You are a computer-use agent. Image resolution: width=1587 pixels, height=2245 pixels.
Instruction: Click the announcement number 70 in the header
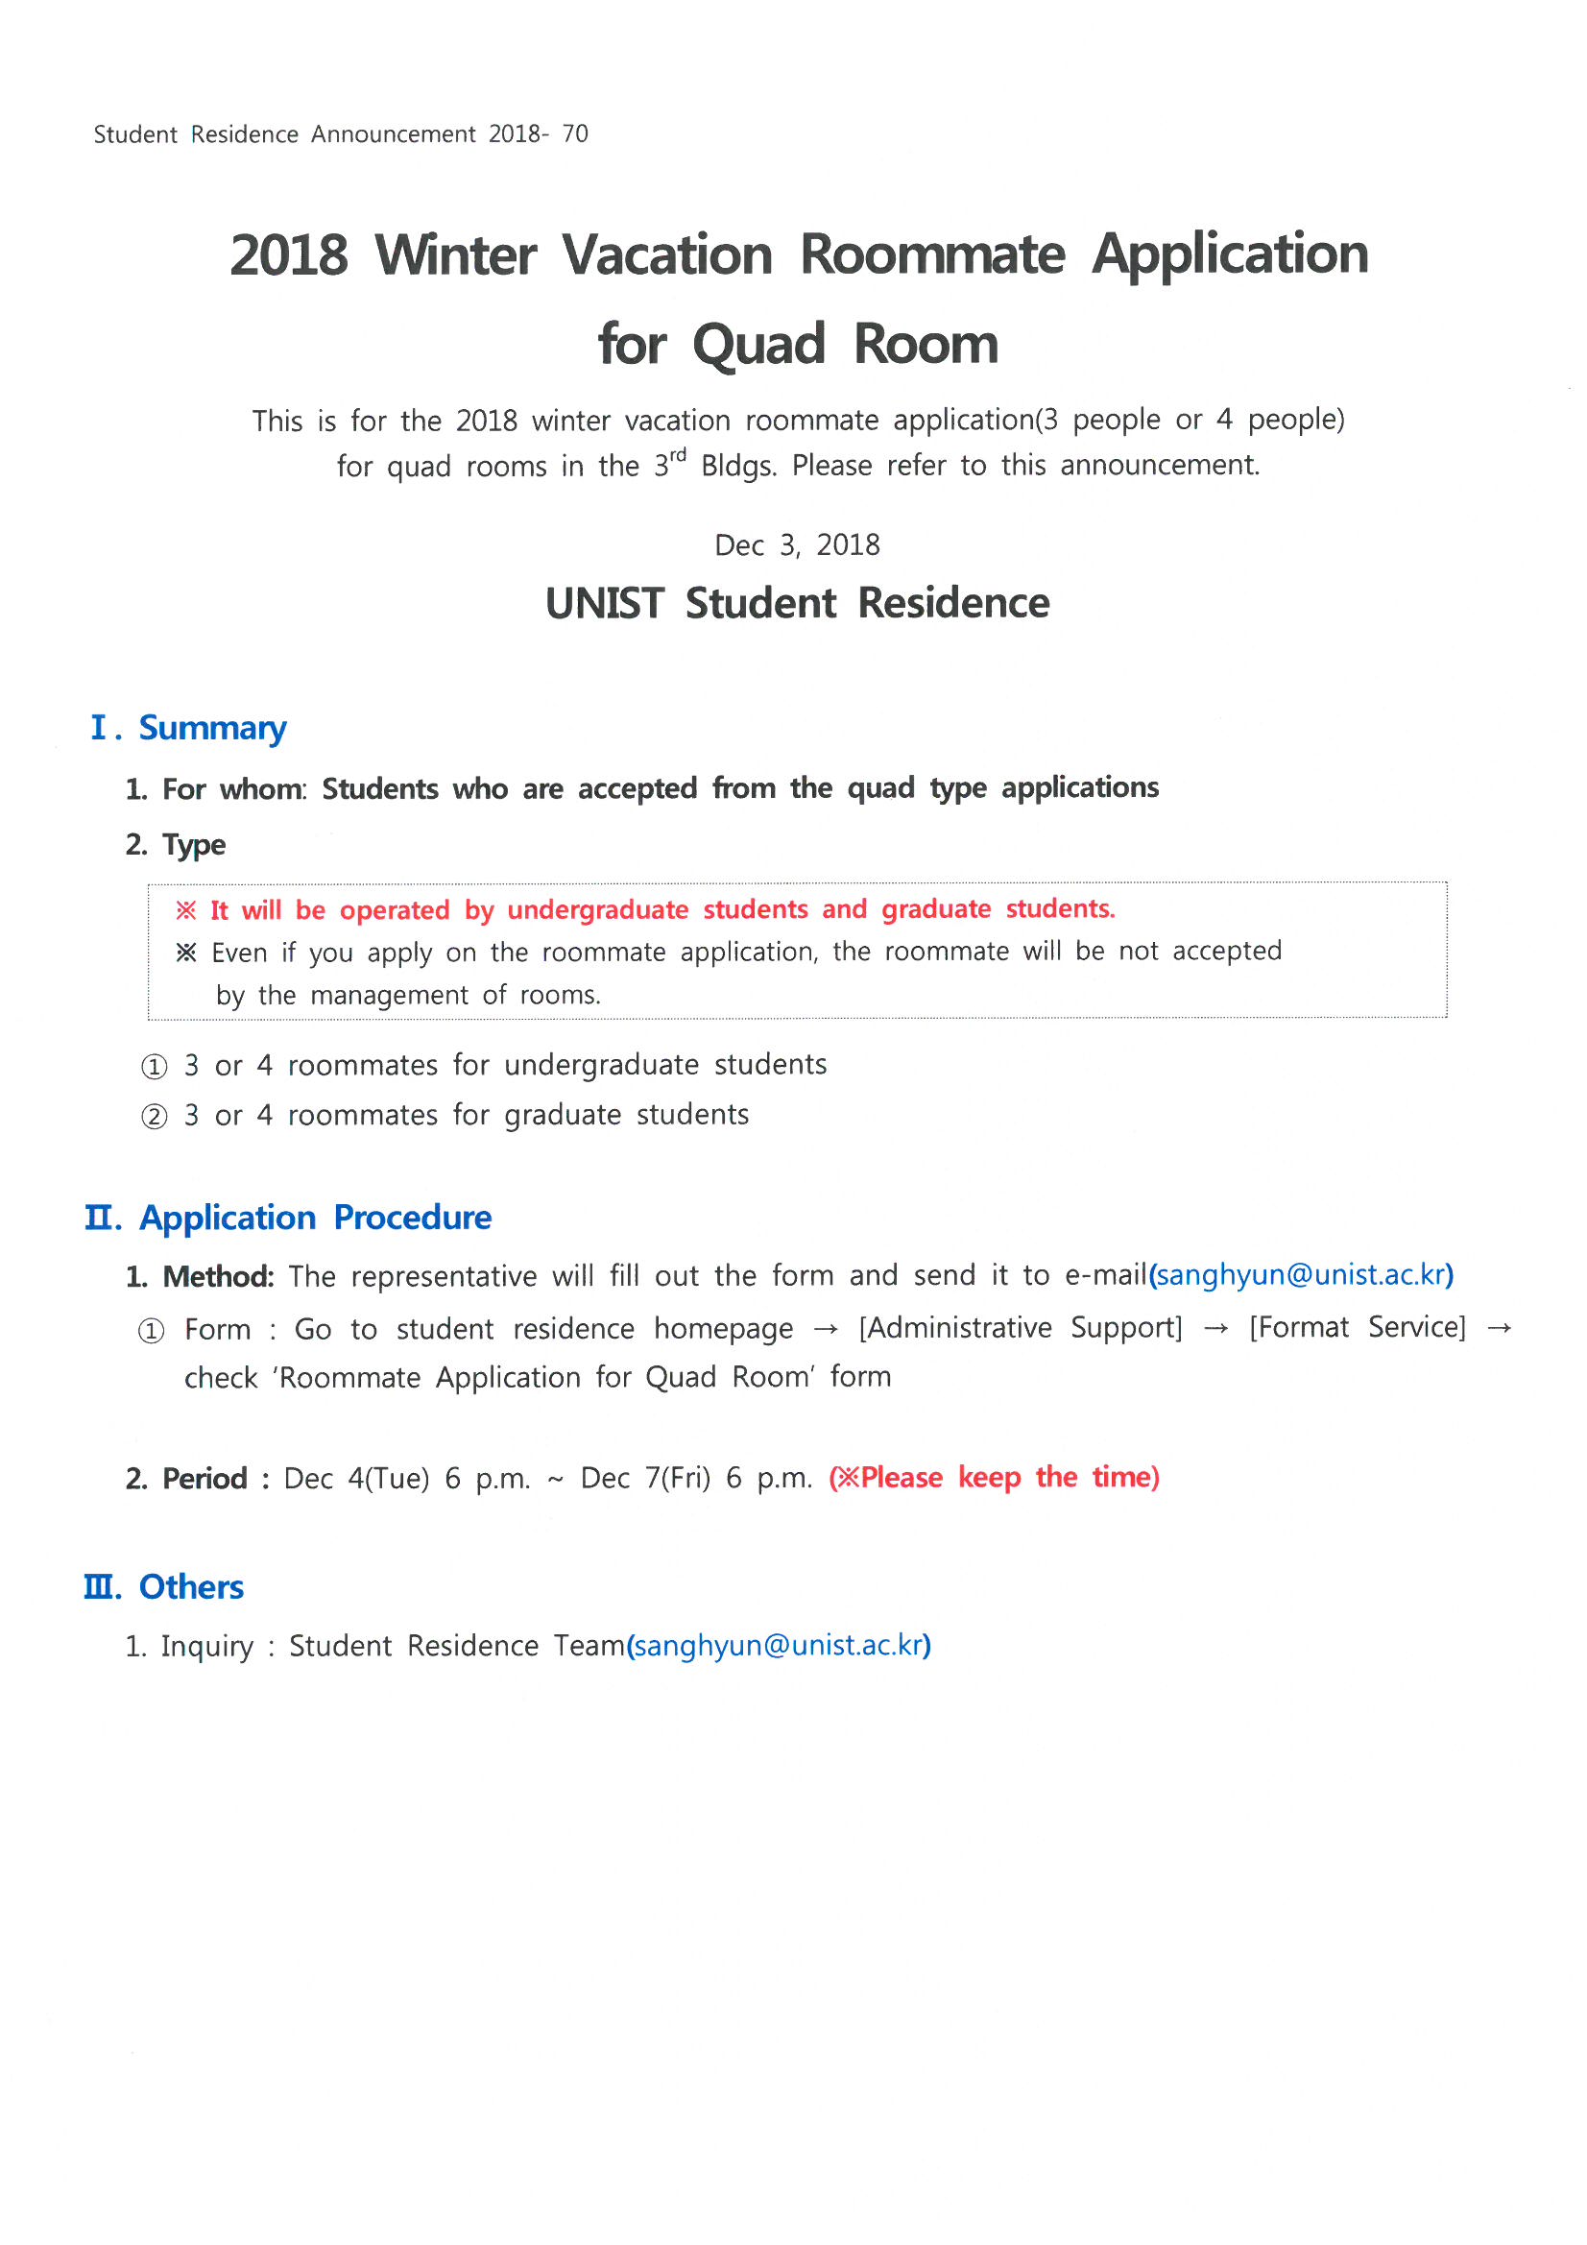[x=575, y=134]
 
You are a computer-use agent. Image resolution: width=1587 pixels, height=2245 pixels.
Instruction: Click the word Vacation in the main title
[x=667, y=255]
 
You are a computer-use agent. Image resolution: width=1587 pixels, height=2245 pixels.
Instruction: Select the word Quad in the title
[x=758, y=345]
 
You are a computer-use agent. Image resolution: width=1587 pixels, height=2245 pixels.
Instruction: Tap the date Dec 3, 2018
[x=797, y=545]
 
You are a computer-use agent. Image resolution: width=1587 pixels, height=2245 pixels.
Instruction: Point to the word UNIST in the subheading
[x=604, y=603]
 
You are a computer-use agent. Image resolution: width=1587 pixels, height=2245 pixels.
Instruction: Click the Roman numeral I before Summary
[x=99, y=728]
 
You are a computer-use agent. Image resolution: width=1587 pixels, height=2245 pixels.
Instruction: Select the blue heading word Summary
[x=212, y=729]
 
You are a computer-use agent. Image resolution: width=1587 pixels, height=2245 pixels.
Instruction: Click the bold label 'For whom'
[x=232, y=789]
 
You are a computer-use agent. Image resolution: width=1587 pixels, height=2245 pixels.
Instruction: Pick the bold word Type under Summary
[x=194, y=845]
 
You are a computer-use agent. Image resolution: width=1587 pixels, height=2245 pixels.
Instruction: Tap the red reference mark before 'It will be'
[x=186, y=911]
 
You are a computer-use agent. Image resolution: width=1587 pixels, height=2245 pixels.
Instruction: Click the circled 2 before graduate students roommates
[x=154, y=1117]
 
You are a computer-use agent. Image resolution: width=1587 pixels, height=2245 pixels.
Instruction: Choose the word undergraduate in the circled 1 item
[x=601, y=1066]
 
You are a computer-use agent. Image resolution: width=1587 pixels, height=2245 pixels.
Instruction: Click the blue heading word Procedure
[x=412, y=1219]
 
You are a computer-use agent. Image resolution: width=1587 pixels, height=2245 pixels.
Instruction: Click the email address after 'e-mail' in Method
[x=1301, y=1275]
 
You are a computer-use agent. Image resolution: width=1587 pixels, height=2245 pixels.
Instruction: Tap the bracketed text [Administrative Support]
[x=1021, y=1328]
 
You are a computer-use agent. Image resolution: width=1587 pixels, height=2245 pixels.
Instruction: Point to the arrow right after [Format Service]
[x=1499, y=1328]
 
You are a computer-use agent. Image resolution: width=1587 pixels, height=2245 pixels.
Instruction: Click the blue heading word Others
[x=191, y=1587]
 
